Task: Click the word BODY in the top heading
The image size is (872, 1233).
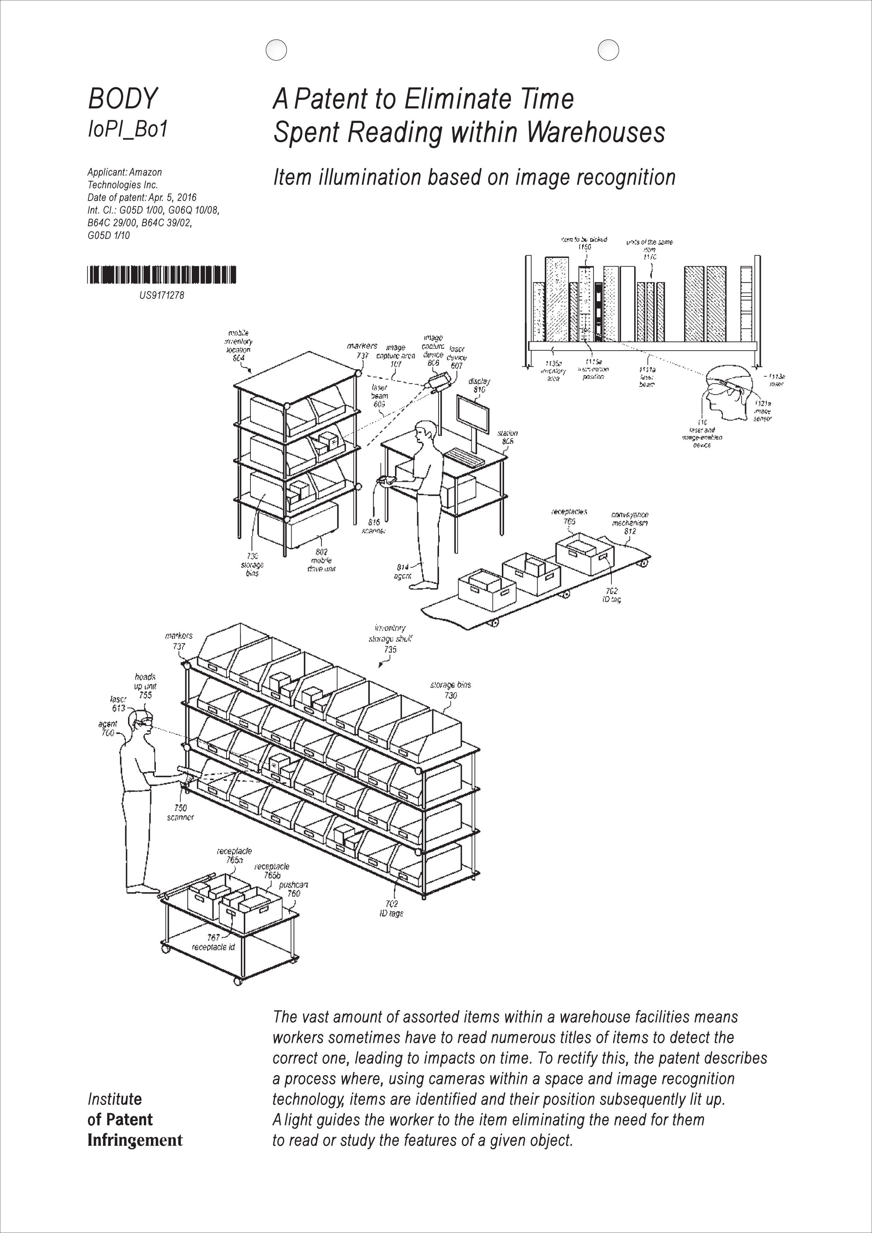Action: click(122, 99)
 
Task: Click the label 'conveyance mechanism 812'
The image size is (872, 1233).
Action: click(630, 523)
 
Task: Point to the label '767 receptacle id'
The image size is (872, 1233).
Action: click(213, 943)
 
